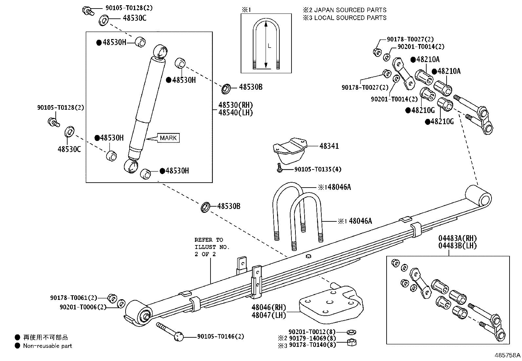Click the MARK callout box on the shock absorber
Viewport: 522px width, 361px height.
169,138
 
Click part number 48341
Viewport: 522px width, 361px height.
329,146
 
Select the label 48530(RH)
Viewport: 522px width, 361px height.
236,105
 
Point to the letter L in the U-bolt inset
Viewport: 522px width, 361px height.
270,46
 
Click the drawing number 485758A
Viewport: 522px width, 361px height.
508,355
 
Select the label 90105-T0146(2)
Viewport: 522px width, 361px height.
221,337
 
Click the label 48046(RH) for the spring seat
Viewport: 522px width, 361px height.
269,308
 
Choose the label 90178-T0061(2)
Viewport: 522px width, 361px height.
73,298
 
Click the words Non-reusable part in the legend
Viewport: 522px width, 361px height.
48,346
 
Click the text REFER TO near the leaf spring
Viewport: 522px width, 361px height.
209,240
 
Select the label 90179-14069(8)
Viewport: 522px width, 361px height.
312,338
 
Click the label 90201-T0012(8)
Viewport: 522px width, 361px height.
312,332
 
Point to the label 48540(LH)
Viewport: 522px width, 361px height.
236,113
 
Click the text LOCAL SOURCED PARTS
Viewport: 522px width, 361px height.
350,18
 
